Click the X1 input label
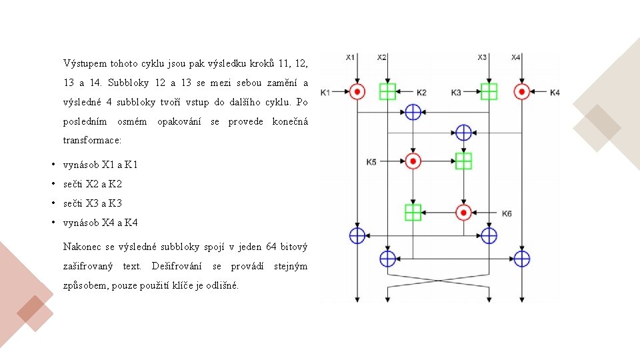pyautogui.click(x=351, y=57)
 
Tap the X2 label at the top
pyautogui.click(x=381, y=57)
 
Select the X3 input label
pyautogui.click(x=483, y=57)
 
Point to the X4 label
pyautogui.click(x=516, y=57)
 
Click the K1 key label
pyautogui.click(x=325, y=92)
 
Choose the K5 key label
pyautogui.click(x=371, y=161)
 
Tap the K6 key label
pyautogui.click(x=507, y=213)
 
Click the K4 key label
pyautogui.click(x=555, y=92)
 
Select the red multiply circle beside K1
pyautogui.click(x=357, y=91)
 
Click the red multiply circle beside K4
pyautogui.click(x=522, y=91)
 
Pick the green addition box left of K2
pyautogui.click(x=387, y=91)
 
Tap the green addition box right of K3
pyautogui.click(x=489, y=91)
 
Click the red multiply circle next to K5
pyautogui.click(x=413, y=161)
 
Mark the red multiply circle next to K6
pyautogui.click(x=463, y=213)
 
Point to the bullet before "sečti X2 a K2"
pyautogui.click(x=53, y=184)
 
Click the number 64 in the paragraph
pyautogui.click(x=271, y=247)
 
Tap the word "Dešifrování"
pyautogui.click(x=177, y=267)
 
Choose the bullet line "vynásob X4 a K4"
pyautogui.click(x=100, y=223)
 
